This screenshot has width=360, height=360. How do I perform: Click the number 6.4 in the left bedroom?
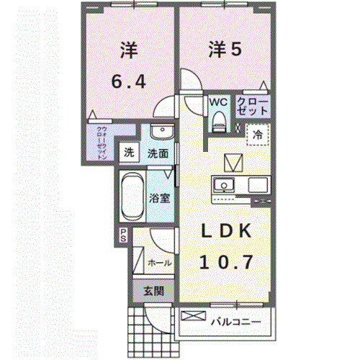(129, 83)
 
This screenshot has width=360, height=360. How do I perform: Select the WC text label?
(218, 102)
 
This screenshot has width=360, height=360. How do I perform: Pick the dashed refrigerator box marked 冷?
(257, 135)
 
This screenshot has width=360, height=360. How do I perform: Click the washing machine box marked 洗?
(129, 153)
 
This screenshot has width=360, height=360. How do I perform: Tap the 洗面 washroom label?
(158, 153)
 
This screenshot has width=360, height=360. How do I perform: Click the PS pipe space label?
(123, 235)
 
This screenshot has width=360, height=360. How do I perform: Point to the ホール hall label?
(159, 263)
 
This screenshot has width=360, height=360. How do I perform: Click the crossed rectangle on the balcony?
(194, 315)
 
